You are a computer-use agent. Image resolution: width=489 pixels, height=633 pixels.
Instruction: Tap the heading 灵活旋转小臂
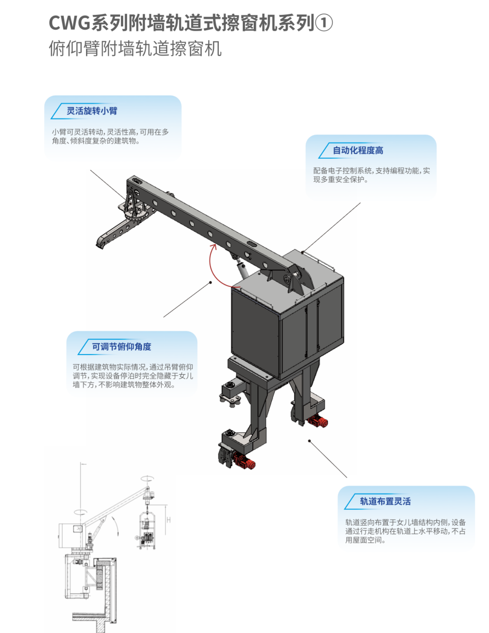(x=92, y=111)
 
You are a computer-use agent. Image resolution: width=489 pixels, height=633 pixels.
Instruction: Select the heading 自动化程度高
(x=358, y=150)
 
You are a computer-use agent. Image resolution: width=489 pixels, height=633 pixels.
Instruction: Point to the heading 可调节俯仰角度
(x=121, y=347)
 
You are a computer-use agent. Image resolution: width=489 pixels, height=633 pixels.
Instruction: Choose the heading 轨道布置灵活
(x=385, y=501)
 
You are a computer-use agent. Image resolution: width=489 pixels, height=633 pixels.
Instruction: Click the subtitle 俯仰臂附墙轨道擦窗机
(x=135, y=49)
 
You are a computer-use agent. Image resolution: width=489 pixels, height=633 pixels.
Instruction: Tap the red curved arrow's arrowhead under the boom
(x=214, y=247)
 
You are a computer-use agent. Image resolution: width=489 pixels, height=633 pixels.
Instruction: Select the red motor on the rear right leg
(x=318, y=421)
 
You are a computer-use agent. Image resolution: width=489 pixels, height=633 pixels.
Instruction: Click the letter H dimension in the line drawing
(x=168, y=520)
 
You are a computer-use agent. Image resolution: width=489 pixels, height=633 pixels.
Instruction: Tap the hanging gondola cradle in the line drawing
(x=146, y=530)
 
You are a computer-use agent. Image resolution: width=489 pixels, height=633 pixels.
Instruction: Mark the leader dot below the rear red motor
(x=309, y=441)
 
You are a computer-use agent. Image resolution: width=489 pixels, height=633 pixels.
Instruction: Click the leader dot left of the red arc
(x=211, y=282)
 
